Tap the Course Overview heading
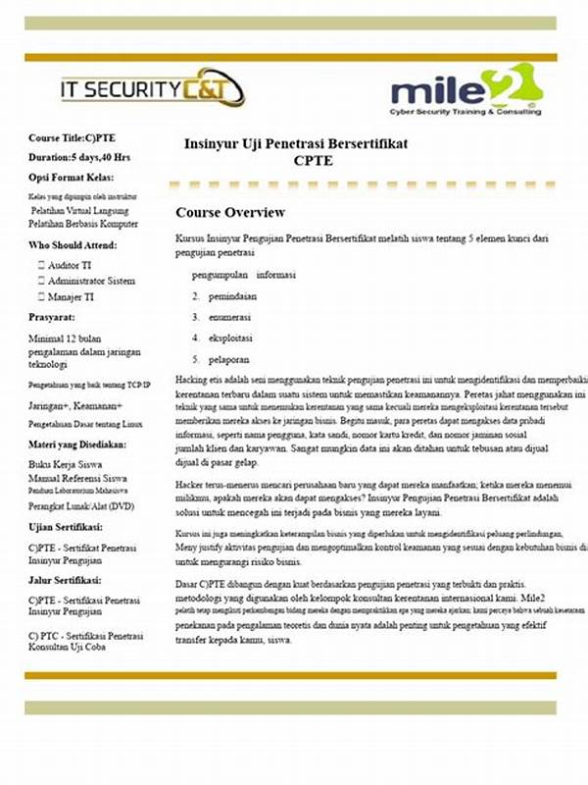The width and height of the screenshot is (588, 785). coord(230,213)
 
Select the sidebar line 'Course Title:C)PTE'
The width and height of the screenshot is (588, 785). coord(72,137)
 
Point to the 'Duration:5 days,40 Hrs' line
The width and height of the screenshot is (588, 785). coord(79,157)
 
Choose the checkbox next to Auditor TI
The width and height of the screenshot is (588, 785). coord(41,265)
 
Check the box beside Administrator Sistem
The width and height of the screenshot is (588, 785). coord(41,281)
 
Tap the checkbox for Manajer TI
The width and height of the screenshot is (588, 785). coord(41,296)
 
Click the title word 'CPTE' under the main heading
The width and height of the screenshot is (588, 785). coord(312,160)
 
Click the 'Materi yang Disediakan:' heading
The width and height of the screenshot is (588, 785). coord(82,443)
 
